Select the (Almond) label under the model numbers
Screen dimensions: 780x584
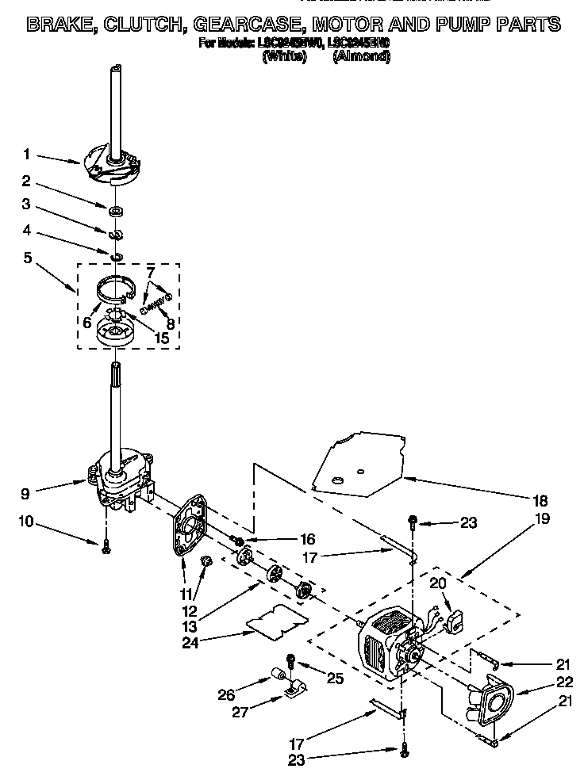(x=362, y=56)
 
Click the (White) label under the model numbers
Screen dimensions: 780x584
(x=284, y=56)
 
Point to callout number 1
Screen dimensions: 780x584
(x=27, y=154)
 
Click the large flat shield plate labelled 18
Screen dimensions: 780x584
(x=357, y=468)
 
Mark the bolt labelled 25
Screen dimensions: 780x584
(x=291, y=660)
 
